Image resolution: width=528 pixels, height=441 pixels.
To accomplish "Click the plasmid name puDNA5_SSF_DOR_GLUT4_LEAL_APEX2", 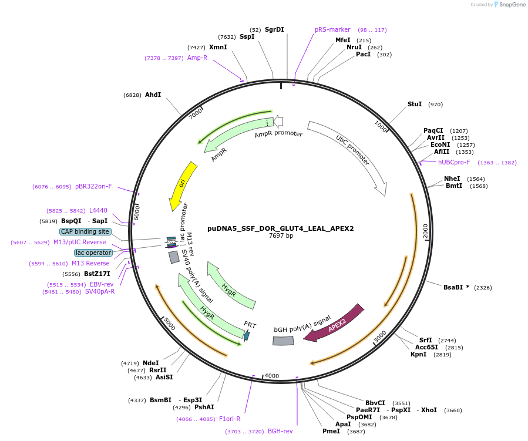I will pyautogui.click(x=281, y=228).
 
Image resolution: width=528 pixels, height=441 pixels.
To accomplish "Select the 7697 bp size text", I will pyautogui.click(x=281, y=236).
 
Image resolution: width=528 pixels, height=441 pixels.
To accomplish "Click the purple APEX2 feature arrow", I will pyautogui.click(x=334, y=324).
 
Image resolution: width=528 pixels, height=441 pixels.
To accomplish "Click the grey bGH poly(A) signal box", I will pyautogui.click(x=283, y=341).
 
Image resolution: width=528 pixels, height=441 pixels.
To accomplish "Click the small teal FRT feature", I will pyautogui.click(x=247, y=335).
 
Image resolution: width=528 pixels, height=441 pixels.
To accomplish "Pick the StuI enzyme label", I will pyautogui.click(x=415, y=104).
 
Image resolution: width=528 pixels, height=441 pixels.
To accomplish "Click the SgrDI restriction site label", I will pyautogui.click(x=274, y=29).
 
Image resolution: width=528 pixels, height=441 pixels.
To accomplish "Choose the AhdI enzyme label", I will pyautogui.click(x=153, y=95).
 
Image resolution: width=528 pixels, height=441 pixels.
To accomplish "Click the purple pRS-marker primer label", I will pyautogui.click(x=332, y=29).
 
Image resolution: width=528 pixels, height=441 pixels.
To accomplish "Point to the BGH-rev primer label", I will pyautogui.click(x=280, y=431).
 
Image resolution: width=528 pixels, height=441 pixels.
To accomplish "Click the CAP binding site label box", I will pyautogui.click(x=85, y=231).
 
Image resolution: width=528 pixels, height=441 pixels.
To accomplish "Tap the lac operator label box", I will pyautogui.click(x=93, y=253).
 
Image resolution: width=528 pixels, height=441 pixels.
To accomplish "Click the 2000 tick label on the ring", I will pyautogui.click(x=426, y=231).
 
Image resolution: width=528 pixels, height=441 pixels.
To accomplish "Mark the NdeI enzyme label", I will pyautogui.click(x=151, y=363).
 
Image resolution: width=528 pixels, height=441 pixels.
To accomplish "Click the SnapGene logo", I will pyautogui.click(x=509, y=5).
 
